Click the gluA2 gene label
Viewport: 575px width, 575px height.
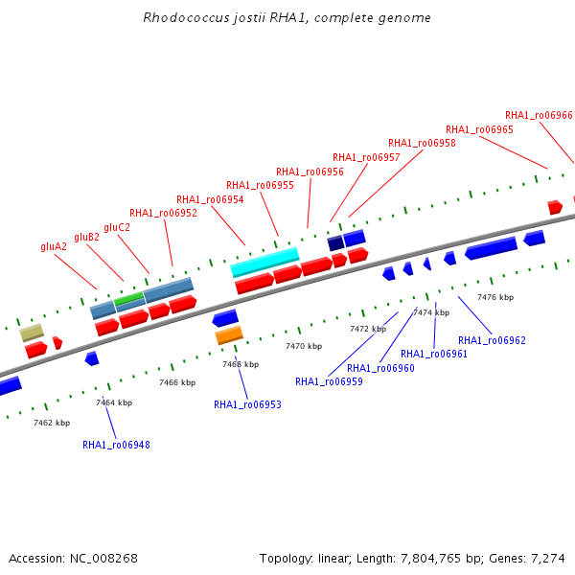click(54, 247)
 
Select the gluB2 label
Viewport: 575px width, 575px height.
click(86, 238)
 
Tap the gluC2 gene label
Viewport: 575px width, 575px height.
click(117, 228)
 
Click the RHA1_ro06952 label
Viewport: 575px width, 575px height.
click(163, 213)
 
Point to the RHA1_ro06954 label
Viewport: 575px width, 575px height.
click(210, 199)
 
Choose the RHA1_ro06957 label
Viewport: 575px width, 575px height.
click(366, 157)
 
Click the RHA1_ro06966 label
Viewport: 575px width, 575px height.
click(539, 115)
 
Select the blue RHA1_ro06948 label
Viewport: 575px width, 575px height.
click(116, 445)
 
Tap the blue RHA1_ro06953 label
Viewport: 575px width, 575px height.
click(247, 404)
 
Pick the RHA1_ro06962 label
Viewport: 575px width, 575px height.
click(492, 340)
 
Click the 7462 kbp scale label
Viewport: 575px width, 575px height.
click(52, 423)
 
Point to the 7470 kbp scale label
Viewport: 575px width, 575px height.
click(304, 346)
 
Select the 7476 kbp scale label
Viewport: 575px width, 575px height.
click(495, 297)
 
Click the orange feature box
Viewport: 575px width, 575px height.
click(229, 335)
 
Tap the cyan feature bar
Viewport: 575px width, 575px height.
click(264, 262)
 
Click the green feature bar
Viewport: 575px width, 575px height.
click(128, 298)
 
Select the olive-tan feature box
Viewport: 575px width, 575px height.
click(32, 333)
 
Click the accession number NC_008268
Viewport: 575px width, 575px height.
click(103, 559)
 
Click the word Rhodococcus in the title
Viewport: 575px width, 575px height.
click(186, 17)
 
